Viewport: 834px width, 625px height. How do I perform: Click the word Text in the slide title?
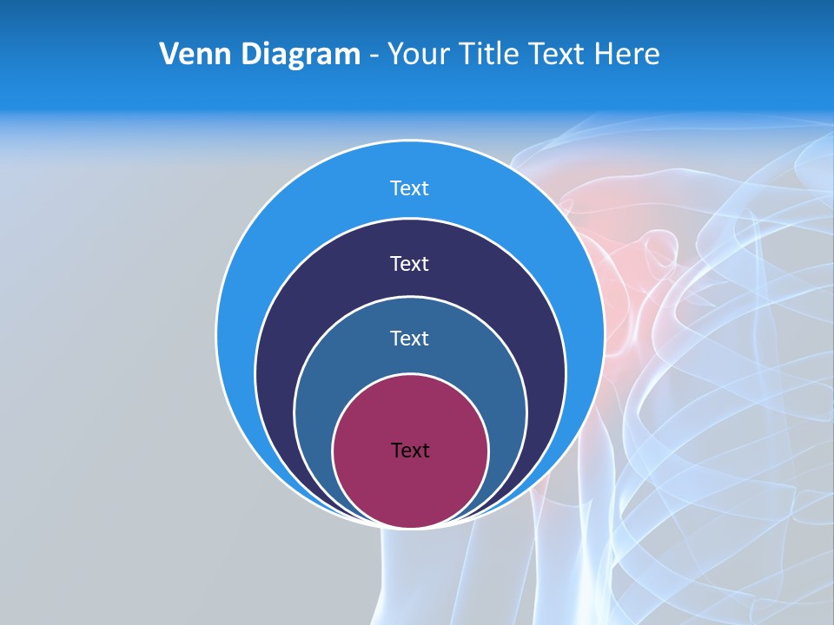(x=558, y=55)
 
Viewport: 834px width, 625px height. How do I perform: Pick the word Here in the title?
(x=627, y=55)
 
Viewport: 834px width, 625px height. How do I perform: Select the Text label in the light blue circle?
(x=410, y=188)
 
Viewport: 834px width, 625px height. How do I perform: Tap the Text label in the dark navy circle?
(x=410, y=264)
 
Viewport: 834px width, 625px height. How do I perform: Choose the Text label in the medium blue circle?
(x=410, y=339)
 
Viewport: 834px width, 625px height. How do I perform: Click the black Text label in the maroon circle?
(x=410, y=451)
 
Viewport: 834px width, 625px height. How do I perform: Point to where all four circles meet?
(x=410, y=526)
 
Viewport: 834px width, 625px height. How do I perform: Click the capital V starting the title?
(x=170, y=55)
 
